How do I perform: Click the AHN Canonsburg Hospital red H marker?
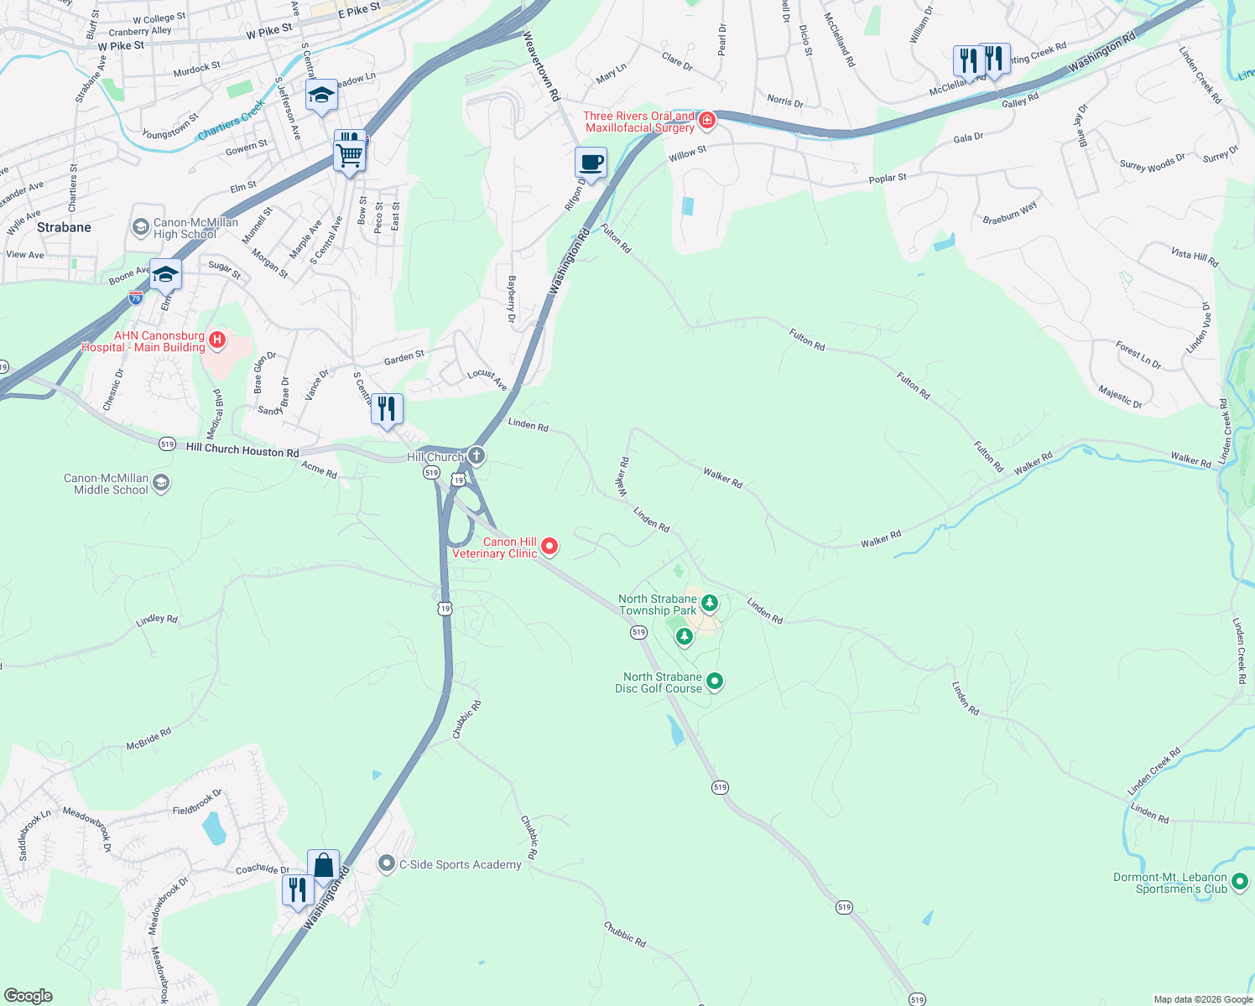[217, 340]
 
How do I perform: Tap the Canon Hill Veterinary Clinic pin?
[549, 547]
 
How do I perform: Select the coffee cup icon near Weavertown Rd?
[591, 163]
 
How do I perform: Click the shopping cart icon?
[350, 154]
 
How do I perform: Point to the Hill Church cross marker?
[476, 456]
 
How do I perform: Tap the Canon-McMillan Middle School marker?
[161, 483]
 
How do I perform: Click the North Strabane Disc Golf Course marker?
[715, 682]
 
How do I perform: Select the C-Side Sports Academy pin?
[387, 863]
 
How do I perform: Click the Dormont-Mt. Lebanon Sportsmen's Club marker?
[1240, 882]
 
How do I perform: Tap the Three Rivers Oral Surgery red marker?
[707, 121]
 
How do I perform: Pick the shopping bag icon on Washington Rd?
[323, 866]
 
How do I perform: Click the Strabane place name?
[64, 227]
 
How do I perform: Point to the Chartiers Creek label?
[230, 121]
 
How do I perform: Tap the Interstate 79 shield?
[136, 298]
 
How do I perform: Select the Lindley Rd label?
[157, 620]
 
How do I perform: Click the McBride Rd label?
[148, 739]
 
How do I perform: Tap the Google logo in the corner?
[28, 996]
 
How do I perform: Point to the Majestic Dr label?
[1120, 397]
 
